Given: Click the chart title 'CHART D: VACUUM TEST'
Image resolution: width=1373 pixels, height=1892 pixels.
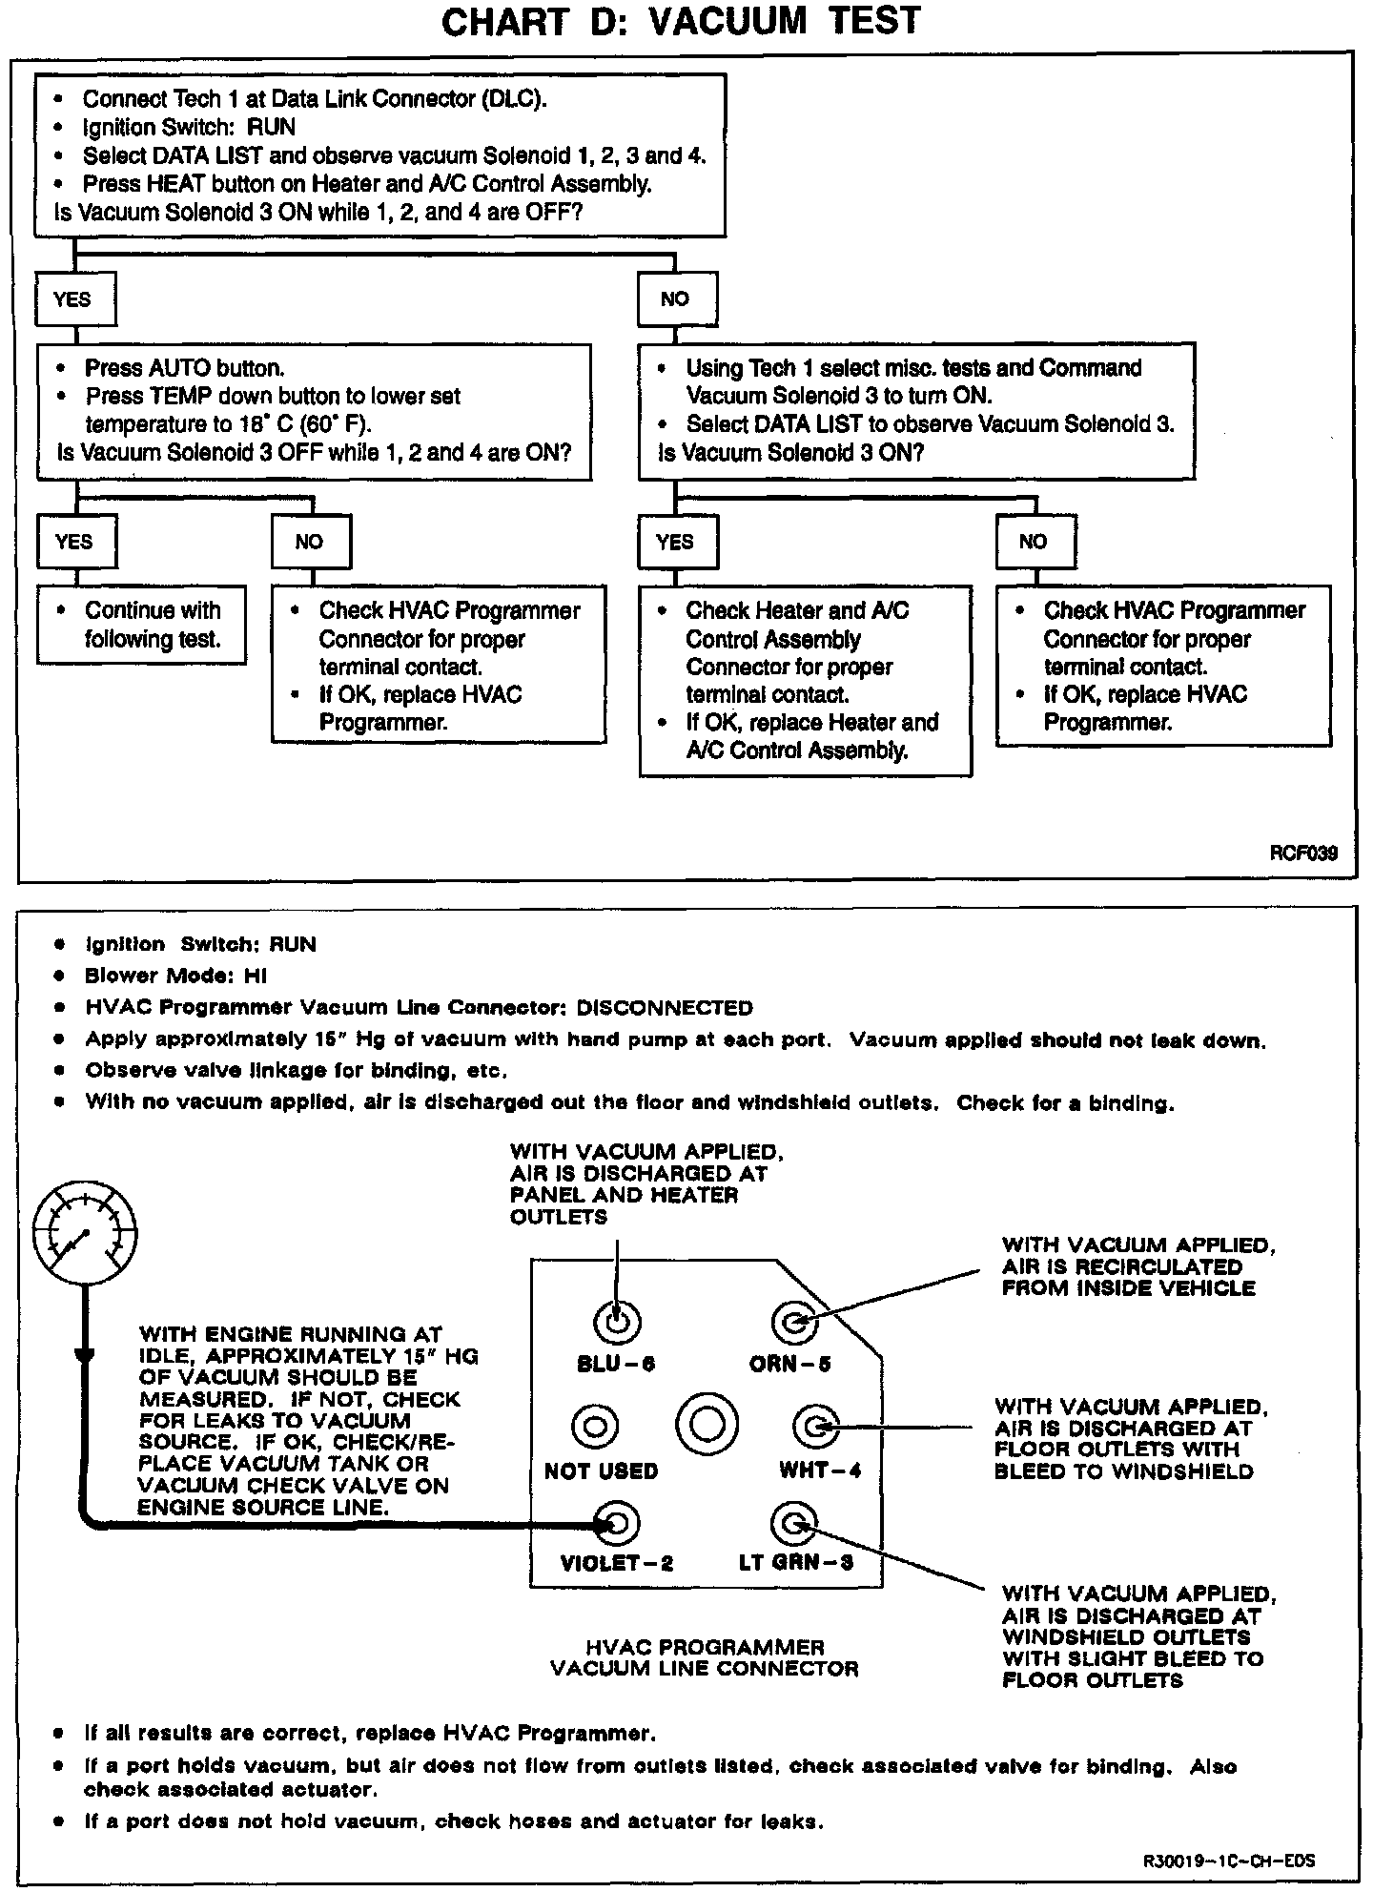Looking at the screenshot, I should pos(680,21).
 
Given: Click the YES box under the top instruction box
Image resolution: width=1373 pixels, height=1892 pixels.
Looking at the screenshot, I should pos(73,299).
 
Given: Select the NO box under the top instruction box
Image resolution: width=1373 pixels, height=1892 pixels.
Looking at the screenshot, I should pos(675,299).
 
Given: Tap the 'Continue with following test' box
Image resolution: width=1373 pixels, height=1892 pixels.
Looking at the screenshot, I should pos(141,625).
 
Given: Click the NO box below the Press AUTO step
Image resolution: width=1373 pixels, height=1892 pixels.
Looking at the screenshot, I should pos(310,542).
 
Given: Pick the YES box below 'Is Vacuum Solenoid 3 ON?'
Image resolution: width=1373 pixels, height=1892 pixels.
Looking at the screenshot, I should pos(675,542).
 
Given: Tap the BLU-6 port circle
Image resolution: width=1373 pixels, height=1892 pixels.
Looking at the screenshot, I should pos(617,1322).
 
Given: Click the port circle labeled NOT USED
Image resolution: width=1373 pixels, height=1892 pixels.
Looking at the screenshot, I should pos(595,1427).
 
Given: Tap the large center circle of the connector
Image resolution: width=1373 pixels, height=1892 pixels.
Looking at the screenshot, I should pos(707,1425).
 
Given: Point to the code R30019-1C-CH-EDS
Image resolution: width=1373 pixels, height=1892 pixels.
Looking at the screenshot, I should pos(1229,1861).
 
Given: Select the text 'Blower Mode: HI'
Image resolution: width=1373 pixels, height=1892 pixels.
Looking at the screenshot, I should pos(176,976).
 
